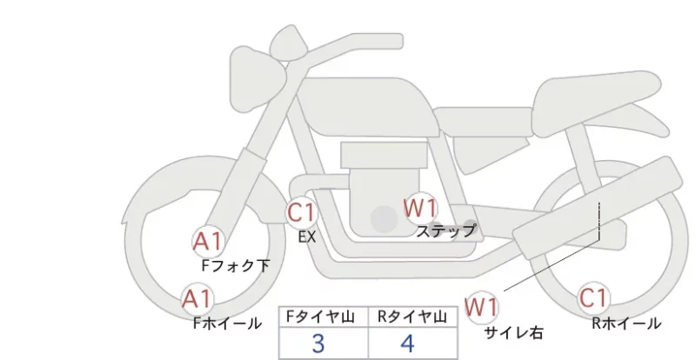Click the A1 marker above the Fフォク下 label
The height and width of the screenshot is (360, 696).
[209, 242]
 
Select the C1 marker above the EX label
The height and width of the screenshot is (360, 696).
[301, 212]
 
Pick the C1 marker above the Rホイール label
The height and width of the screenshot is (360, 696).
[593, 297]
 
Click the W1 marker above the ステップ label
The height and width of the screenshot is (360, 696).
[420, 208]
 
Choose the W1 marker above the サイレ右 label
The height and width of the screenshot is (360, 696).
[481, 307]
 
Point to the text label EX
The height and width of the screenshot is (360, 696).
[307, 237]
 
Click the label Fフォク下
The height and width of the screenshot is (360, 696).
[235, 265]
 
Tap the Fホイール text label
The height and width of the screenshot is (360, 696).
[227, 323]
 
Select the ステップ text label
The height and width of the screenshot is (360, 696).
[446, 230]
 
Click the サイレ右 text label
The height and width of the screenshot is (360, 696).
[513, 332]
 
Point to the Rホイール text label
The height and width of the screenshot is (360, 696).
[626, 323]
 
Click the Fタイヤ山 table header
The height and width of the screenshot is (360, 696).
[320, 317]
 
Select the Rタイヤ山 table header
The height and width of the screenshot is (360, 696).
[412, 317]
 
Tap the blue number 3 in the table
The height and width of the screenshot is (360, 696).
[318, 343]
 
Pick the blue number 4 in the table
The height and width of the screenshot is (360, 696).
[407, 343]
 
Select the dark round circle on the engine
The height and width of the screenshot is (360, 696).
[384, 219]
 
